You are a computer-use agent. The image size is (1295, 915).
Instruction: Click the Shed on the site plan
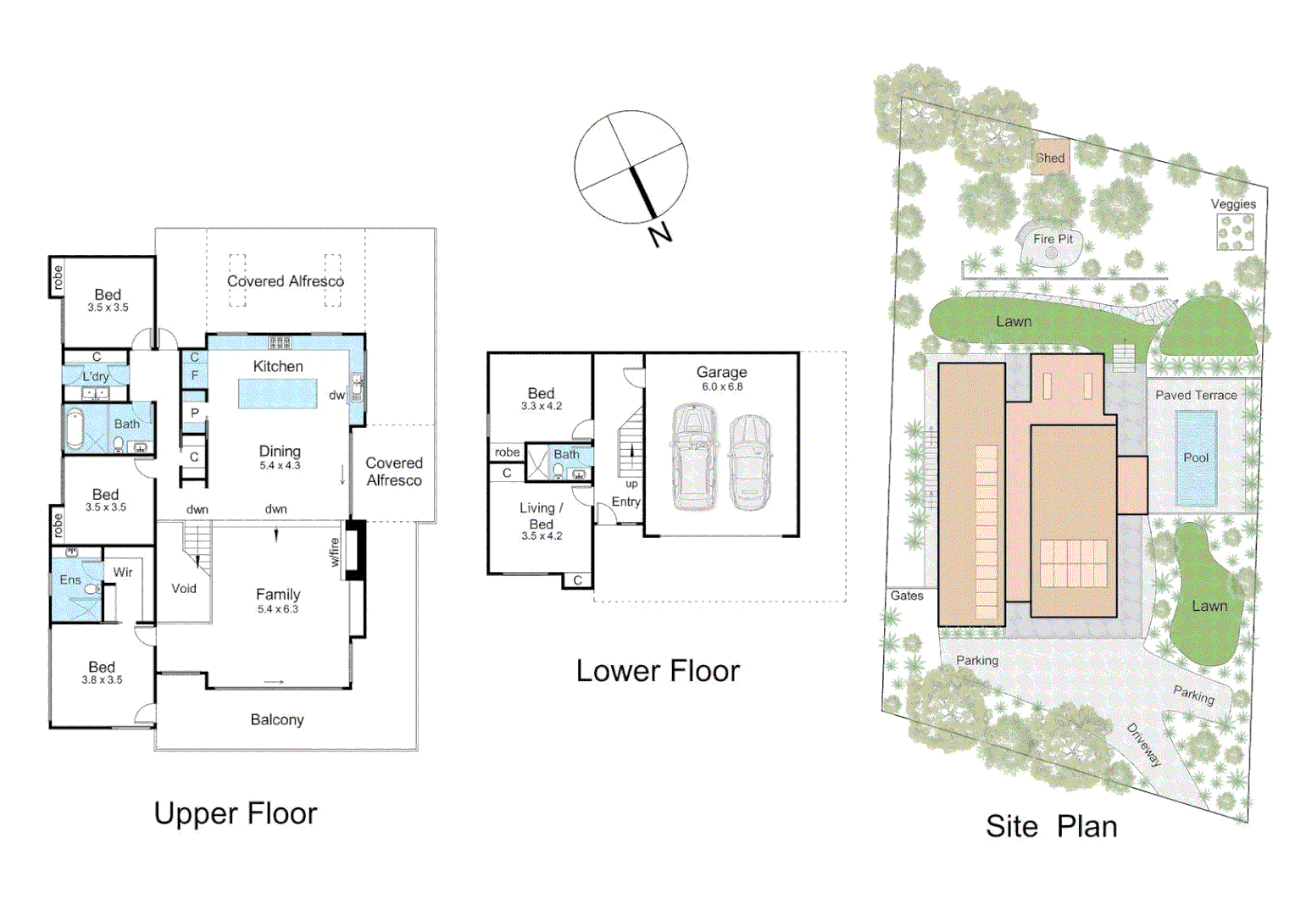pos(1050,158)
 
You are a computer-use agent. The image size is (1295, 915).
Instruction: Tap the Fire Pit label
pos(1053,239)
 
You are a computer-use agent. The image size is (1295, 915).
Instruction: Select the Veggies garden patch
pos(1235,231)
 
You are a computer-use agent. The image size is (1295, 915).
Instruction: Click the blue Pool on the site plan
pos(1196,458)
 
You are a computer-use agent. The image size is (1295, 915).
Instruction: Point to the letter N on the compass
pos(660,234)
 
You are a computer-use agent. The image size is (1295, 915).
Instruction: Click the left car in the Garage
pos(694,457)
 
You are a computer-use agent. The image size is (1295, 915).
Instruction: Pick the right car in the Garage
pos(750,462)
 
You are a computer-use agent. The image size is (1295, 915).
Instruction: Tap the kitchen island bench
pos(277,394)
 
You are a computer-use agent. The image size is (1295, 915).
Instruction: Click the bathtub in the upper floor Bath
pos(75,430)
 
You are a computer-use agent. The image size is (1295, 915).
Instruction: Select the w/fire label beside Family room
pos(335,552)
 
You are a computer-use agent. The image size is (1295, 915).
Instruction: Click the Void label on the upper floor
pos(184,589)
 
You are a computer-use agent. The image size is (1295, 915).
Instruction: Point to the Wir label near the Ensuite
pos(123,573)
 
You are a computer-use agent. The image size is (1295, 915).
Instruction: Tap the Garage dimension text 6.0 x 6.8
pos(722,387)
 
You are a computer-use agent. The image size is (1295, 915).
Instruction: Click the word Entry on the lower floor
pos(626,502)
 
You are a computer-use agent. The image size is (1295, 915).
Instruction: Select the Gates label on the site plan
pos(907,596)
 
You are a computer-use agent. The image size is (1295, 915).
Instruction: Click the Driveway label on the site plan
pos(1143,745)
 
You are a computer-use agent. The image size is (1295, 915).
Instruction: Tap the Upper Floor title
pos(236,813)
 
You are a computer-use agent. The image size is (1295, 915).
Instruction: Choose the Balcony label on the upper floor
pos(277,720)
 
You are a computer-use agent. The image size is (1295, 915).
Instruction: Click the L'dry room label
pos(96,376)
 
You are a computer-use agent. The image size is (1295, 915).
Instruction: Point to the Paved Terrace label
pos(1196,395)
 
